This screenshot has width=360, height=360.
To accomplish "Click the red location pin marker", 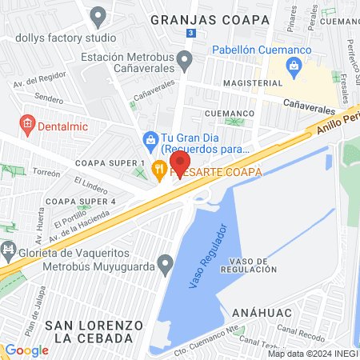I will click(180, 152).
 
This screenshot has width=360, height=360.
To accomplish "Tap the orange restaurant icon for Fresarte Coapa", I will click(158, 169).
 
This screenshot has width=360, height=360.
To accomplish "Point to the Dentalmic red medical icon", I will click(27, 124).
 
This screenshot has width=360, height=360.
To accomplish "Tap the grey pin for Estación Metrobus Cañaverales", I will click(185, 60).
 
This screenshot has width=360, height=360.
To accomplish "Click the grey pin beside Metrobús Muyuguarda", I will click(166, 262).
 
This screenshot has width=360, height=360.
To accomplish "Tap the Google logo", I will click(26, 350).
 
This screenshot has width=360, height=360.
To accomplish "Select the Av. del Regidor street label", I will click(37, 82).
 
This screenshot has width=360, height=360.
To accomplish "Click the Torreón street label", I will click(46, 173).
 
